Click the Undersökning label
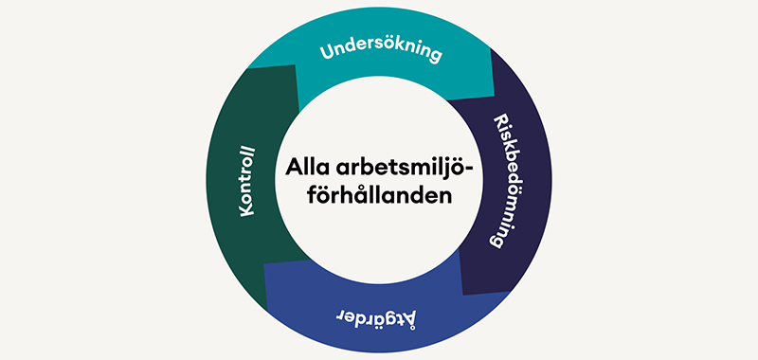(380, 49)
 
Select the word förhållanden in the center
(379, 196)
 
